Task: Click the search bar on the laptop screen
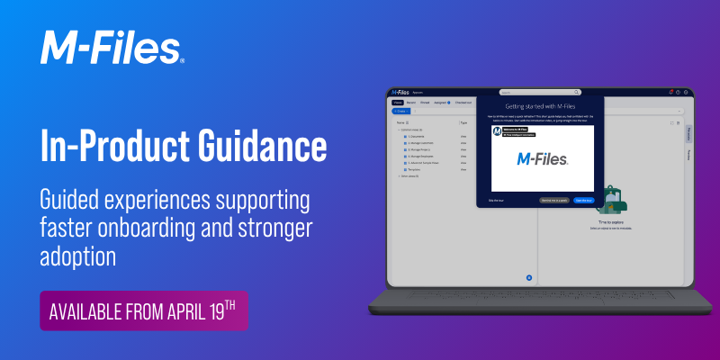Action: click(x=540, y=92)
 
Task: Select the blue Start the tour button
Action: click(x=583, y=200)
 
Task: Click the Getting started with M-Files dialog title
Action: click(x=541, y=107)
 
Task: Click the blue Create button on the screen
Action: click(x=401, y=111)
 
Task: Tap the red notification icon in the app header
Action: click(x=670, y=92)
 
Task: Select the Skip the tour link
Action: click(x=497, y=200)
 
